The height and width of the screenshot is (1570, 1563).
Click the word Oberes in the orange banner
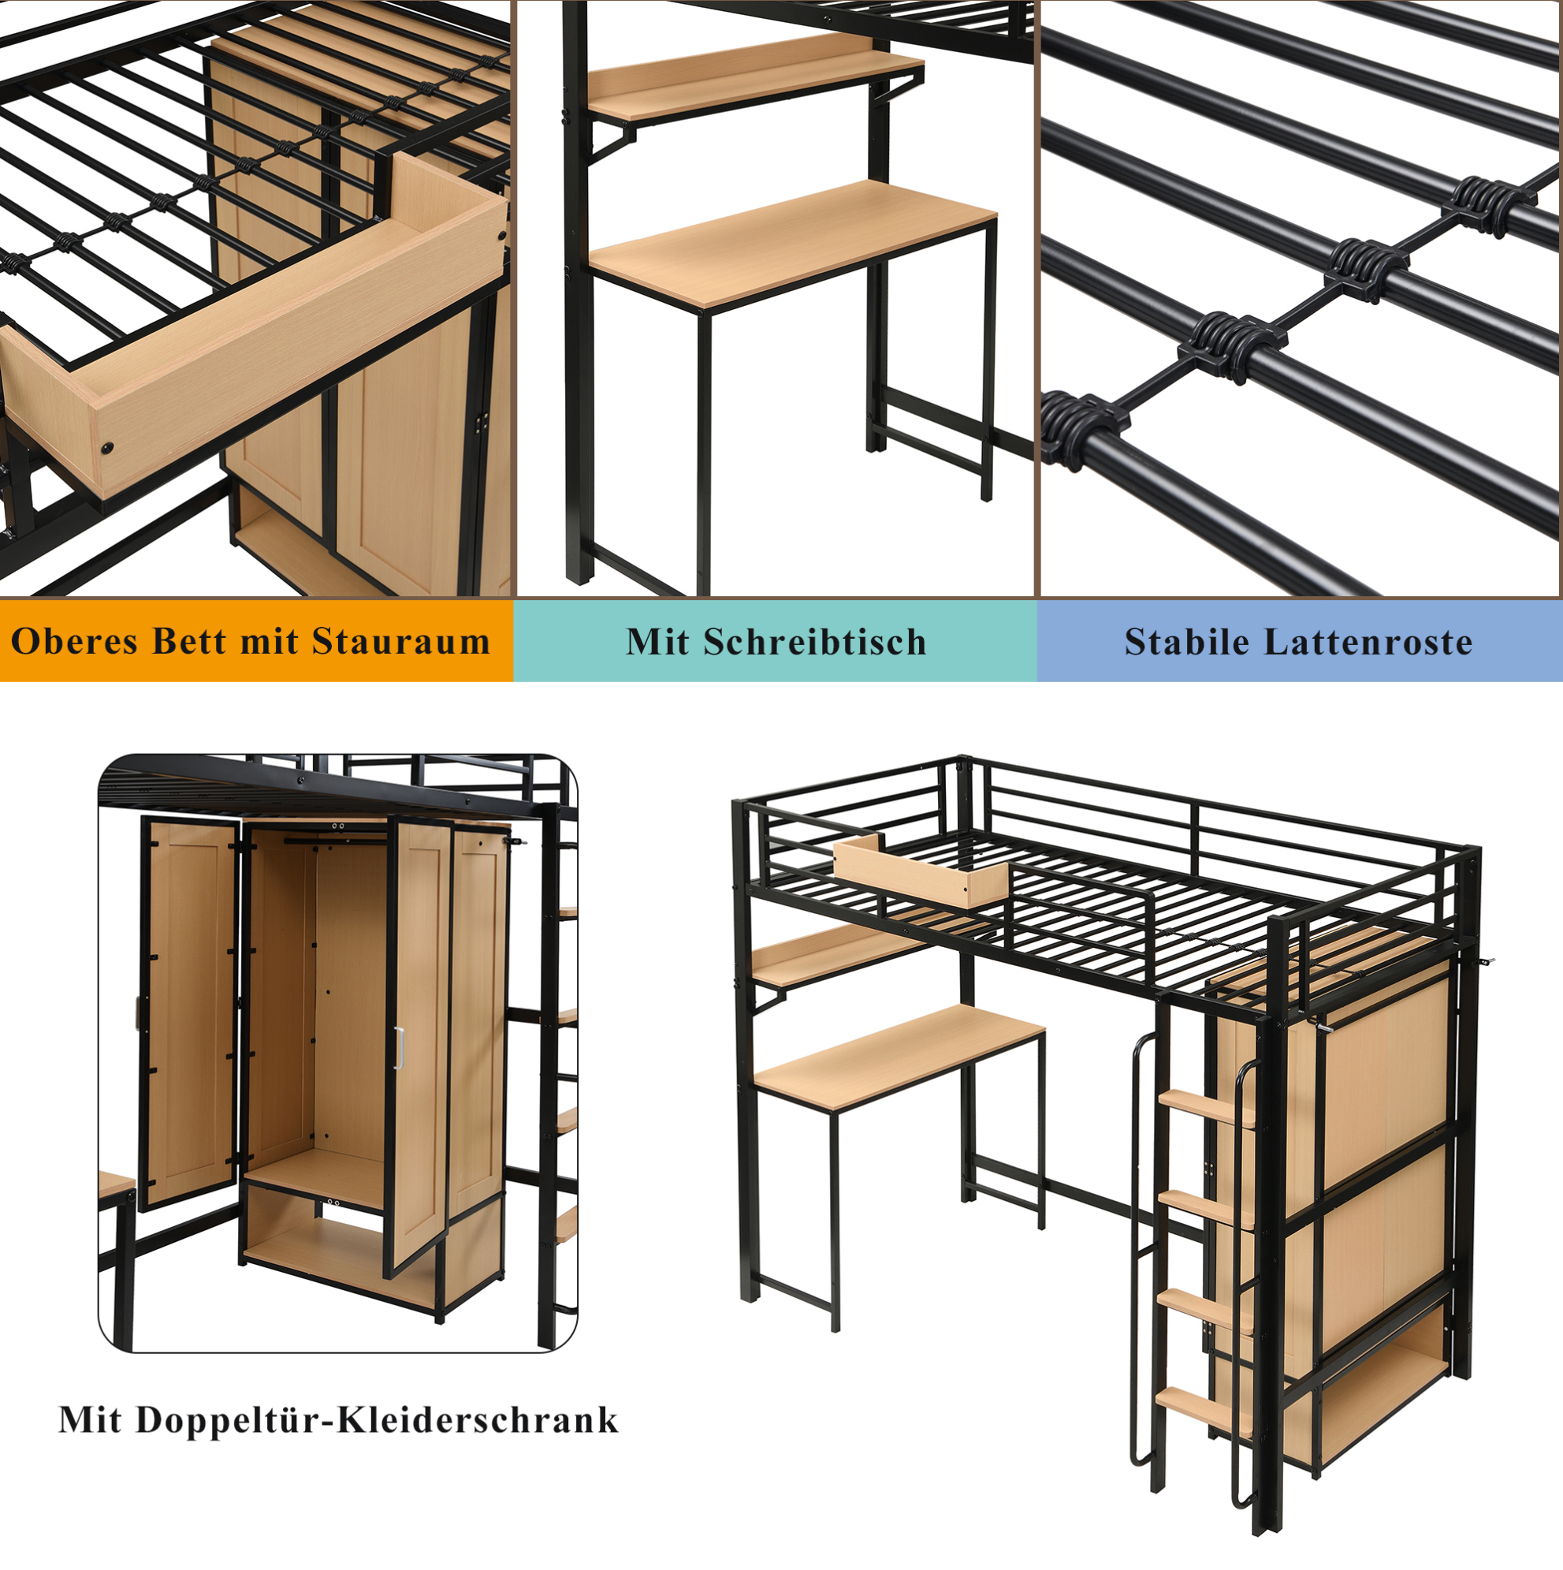point(76,641)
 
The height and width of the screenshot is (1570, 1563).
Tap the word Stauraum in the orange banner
point(401,641)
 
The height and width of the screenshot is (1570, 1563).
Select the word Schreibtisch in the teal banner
point(815,642)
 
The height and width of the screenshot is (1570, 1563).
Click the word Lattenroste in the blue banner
point(1369,642)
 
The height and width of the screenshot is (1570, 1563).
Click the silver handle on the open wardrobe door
point(399,1048)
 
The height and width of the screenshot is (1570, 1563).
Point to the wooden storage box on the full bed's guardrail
point(921,873)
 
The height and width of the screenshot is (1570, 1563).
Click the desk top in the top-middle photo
point(793,244)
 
